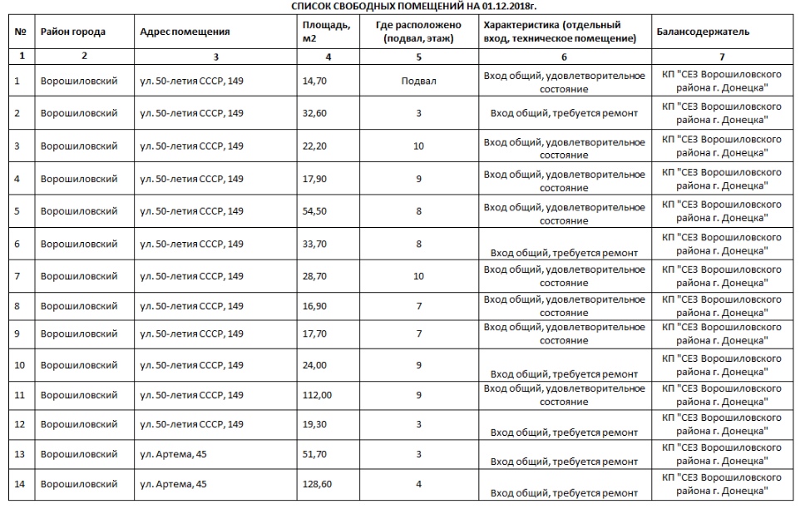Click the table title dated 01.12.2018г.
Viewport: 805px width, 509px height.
pos(402,6)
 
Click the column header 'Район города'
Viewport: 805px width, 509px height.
pos(73,32)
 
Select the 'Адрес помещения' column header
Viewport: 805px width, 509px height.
pos(185,32)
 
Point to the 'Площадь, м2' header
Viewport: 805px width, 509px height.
pos(326,32)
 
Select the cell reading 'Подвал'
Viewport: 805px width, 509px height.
pos(418,82)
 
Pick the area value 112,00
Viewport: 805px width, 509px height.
pos(317,395)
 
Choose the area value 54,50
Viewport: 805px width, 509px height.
pos(314,211)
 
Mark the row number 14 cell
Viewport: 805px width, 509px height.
pos(20,484)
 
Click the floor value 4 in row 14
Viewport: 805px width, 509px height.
pos(418,484)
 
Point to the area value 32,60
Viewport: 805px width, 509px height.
pos(314,113)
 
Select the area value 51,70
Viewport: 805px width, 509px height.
pos(314,454)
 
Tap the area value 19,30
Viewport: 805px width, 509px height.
pos(314,424)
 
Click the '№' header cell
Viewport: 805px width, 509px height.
pos(20,32)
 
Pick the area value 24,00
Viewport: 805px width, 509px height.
pos(314,365)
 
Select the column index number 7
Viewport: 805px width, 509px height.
pos(721,56)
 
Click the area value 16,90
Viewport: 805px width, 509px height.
pos(314,306)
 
